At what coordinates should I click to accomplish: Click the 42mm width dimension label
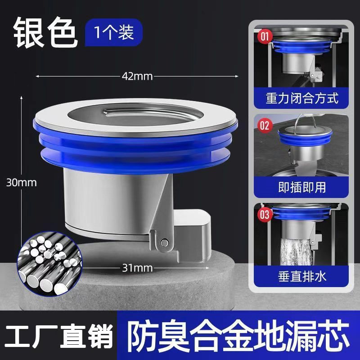137,76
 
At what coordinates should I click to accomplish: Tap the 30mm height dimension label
21,183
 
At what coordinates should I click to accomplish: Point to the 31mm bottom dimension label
137,268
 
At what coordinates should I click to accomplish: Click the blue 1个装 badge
114,32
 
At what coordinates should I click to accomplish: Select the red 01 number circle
265,36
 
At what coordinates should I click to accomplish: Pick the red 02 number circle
265,126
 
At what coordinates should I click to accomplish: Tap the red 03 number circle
265,215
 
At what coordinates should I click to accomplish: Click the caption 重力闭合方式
301,98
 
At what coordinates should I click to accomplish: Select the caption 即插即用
301,187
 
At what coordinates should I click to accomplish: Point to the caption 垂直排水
301,276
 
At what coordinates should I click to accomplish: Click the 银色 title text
45,32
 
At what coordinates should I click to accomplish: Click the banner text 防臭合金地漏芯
238,336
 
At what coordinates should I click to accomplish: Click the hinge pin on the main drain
164,243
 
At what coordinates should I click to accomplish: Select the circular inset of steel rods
49,264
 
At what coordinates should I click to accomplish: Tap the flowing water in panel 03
296,252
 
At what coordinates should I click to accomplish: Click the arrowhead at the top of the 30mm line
21,98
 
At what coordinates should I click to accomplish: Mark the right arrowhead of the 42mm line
237,76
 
